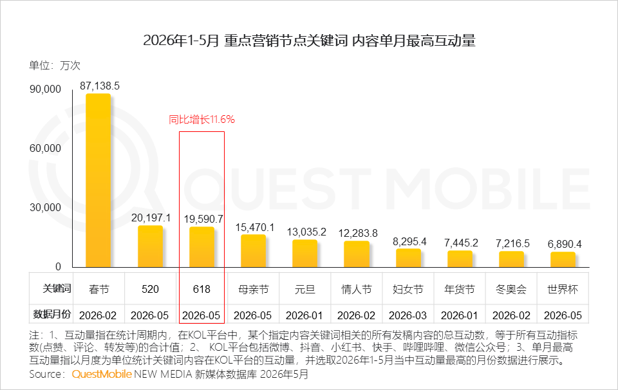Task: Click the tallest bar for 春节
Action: pyautogui.click(x=98, y=180)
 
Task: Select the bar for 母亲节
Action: pyautogui.click(x=253, y=251)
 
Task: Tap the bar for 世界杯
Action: pyautogui.click(x=563, y=259)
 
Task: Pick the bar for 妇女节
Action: pyautogui.click(x=408, y=258)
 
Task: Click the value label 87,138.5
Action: pyautogui.click(x=100, y=86)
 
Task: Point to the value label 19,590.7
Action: pyautogui.click(x=203, y=219)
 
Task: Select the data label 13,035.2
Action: pyautogui.click(x=306, y=232)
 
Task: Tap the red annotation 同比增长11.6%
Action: pyautogui.click(x=201, y=119)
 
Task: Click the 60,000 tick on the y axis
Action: pyautogui.click(x=45, y=148)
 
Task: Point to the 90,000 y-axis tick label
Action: pyautogui.click(x=45, y=89)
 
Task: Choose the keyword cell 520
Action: pyautogui.click(x=150, y=289)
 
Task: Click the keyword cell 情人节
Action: pyautogui.click(x=357, y=289)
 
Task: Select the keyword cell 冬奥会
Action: pyautogui.click(x=511, y=289)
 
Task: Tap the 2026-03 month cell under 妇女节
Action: pyautogui.click(x=408, y=315)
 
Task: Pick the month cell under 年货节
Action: pyautogui.click(x=459, y=315)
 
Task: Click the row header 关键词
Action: pyautogui.click(x=57, y=288)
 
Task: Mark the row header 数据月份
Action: pyautogui.click(x=52, y=314)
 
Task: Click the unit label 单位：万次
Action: pyautogui.click(x=55, y=66)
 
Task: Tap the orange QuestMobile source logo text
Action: pyautogui.click(x=101, y=374)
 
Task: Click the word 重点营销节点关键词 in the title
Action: pyautogui.click(x=286, y=41)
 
